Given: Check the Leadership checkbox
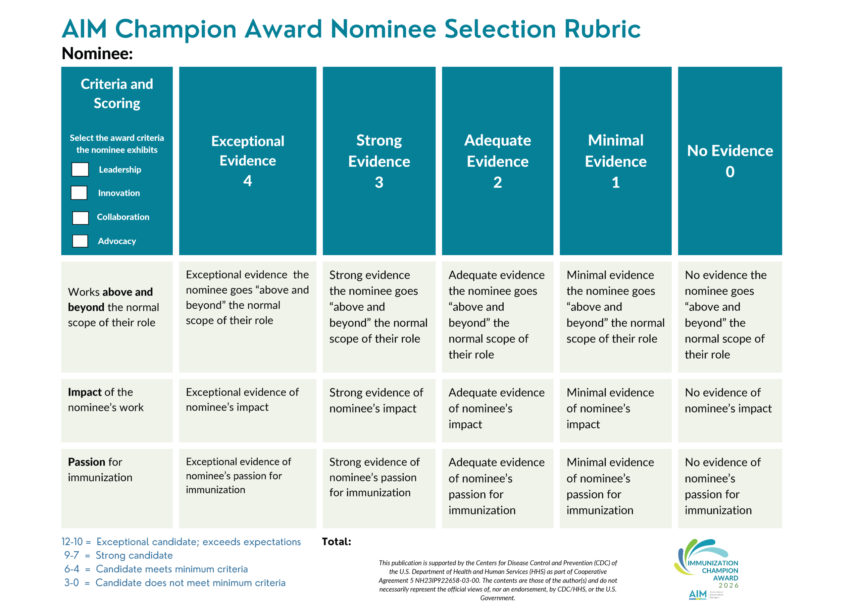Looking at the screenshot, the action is click(x=80, y=170).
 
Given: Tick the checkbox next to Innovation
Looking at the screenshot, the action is click(x=79, y=193).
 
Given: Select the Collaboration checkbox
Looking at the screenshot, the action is click(x=81, y=218).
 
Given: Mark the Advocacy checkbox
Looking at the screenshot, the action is click(x=80, y=241).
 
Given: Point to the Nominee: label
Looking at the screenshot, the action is click(x=97, y=53).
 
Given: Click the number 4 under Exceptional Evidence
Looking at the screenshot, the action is click(x=248, y=181).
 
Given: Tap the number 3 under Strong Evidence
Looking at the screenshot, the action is click(x=379, y=183).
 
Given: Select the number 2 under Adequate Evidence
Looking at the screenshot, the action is click(x=497, y=183).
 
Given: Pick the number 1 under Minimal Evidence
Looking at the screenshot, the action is click(x=616, y=183).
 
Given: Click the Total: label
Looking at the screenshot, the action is click(x=336, y=542).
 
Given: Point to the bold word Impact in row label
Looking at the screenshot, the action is click(x=85, y=392).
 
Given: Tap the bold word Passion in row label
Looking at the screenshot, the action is click(x=87, y=462).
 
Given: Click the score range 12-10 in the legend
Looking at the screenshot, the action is click(x=72, y=542).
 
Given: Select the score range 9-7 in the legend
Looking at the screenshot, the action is click(x=71, y=555).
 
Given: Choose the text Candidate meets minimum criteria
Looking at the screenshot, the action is click(x=172, y=569).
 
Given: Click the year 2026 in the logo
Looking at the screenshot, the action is click(x=728, y=586).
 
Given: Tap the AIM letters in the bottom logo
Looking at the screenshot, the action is click(x=698, y=595).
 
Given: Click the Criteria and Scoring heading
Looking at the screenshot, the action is click(x=117, y=94).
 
